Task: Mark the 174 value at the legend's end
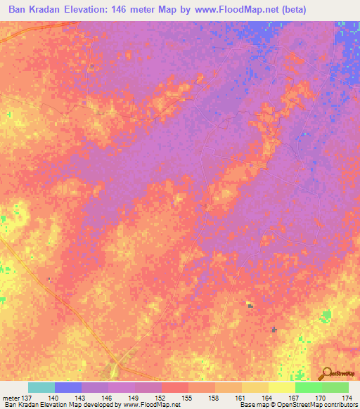[x=345, y=398]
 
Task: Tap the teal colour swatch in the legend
[x=41, y=387]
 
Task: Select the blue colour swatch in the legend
[x=68, y=387]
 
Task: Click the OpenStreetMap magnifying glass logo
[x=326, y=373]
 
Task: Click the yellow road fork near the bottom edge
[x=120, y=366]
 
